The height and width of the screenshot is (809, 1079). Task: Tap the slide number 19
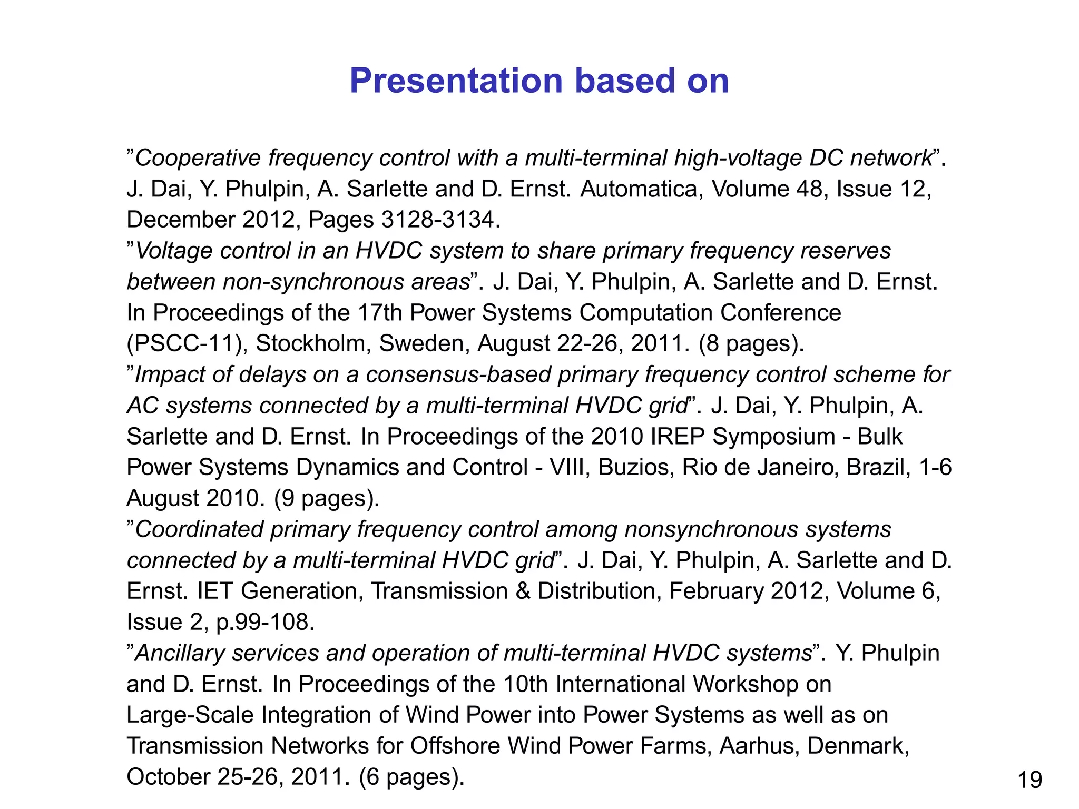coord(1029,780)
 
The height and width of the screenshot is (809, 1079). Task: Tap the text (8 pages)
coord(751,343)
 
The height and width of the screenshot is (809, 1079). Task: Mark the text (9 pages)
coord(327,498)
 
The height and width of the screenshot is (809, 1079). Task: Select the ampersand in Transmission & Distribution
coord(523,591)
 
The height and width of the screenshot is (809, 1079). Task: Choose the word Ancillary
coord(180,653)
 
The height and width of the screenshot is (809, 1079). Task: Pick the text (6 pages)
coord(411,777)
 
